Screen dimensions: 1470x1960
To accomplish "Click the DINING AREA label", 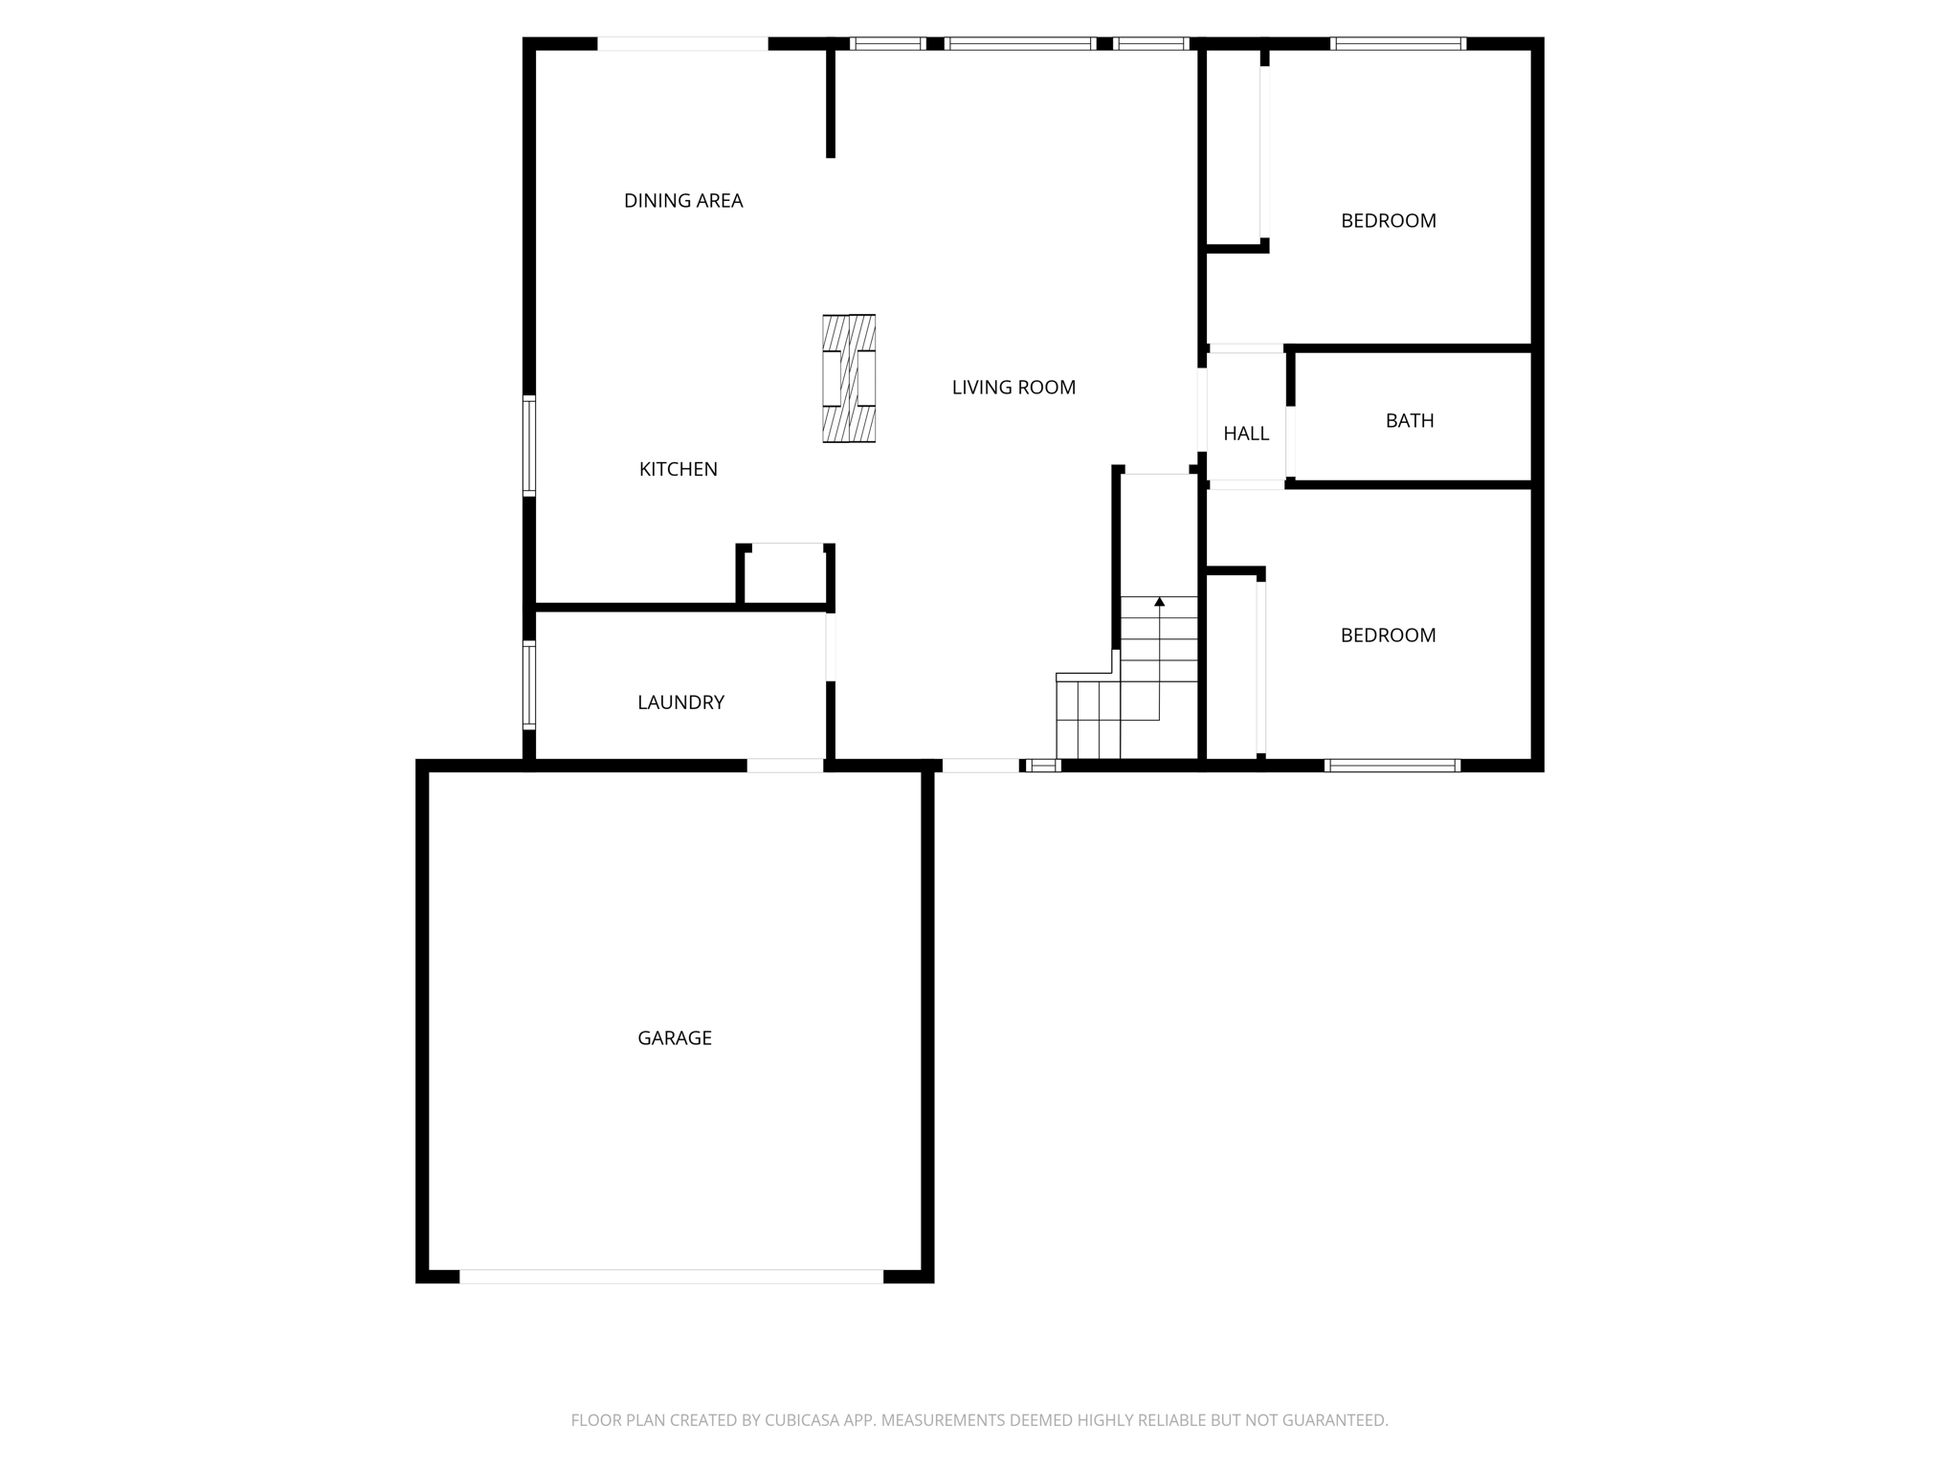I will click(683, 201).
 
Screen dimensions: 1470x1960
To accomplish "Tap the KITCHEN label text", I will click(678, 469).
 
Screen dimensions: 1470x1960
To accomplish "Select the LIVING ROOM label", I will click(1013, 388).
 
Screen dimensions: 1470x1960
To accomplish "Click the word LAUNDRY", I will click(680, 702).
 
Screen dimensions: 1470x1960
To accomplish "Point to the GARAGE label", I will click(675, 1038).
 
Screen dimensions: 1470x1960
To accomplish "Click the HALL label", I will click(1246, 434).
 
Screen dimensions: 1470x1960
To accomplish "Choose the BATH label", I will click(1410, 420).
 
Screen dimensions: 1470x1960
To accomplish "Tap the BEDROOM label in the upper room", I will click(1388, 221).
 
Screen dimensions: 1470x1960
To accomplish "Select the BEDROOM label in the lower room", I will click(1388, 635).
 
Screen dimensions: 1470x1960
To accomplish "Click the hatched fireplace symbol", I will click(849, 379).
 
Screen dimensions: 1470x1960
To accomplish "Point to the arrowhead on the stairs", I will click(1159, 602).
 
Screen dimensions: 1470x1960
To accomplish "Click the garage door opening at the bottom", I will click(671, 1276).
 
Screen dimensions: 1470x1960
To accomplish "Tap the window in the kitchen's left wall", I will click(528, 446).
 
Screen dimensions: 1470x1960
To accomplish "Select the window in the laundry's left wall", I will click(528, 685).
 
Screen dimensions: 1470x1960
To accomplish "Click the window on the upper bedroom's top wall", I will click(1398, 43).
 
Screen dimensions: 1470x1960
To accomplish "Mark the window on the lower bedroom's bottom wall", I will click(1392, 765).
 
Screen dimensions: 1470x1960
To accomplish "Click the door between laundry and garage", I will click(785, 765).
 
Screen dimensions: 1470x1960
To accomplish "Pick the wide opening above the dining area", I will click(682, 43).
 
